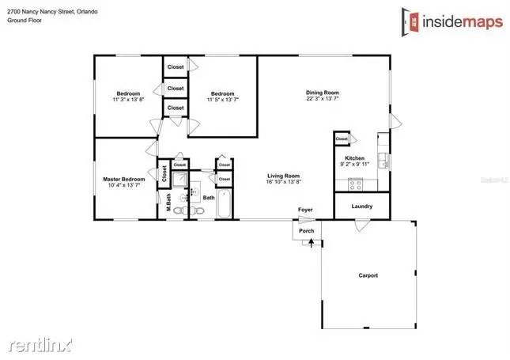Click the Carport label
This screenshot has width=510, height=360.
368,275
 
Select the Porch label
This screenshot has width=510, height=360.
306,231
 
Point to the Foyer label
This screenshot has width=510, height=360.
306,210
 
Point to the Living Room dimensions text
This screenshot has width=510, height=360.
283,182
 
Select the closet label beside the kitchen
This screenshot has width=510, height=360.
342,138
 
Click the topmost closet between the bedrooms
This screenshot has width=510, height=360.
176,66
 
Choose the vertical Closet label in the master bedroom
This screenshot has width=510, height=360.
164,174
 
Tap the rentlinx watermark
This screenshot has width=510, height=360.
40,345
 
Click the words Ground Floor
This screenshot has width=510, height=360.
25,21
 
